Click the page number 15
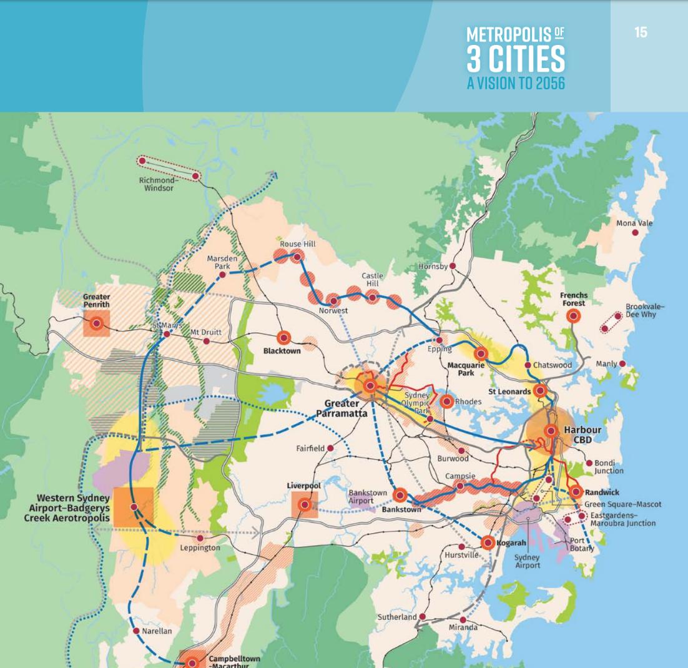click(641, 32)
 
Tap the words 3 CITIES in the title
click(516, 59)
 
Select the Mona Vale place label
click(635, 223)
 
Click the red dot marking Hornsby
click(454, 267)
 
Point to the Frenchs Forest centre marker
click(573, 317)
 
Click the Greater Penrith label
click(96, 300)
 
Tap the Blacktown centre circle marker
click(283, 338)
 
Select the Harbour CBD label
click(582, 435)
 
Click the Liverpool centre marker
click(305, 504)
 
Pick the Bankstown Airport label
click(368, 496)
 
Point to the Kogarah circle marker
click(488, 543)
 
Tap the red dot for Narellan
click(137, 631)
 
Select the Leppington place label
click(200, 548)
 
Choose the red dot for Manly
click(622, 363)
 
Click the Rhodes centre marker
click(446, 401)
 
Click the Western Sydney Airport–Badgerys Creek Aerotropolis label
click(73, 508)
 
